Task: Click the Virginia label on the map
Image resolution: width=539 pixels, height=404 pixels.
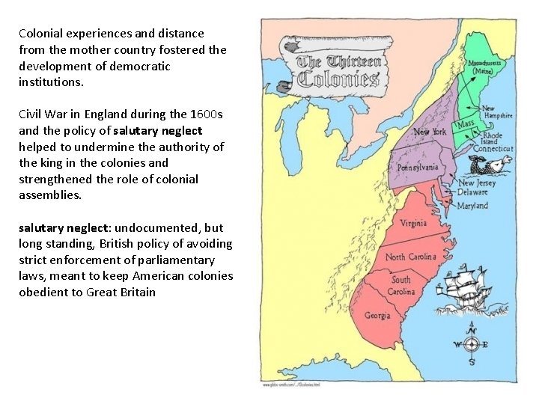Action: pyautogui.click(x=413, y=223)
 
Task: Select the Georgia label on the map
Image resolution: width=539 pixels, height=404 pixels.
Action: pyautogui.click(x=377, y=315)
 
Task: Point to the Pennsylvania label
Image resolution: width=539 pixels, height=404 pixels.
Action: pyautogui.click(x=417, y=167)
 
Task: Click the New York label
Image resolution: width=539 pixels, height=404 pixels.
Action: pyautogui.click(x=430, y=132)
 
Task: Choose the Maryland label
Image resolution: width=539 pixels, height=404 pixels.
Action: pyautogui.click(x=472, y=205)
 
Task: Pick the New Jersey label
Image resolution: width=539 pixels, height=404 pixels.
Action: pyautogui.click(x=477, y=183)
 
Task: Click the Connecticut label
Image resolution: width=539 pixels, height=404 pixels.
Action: pyautogui.click(x=494, y=149)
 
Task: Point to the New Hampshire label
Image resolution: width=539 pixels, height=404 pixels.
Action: pyautogui.click(x=497, y=112)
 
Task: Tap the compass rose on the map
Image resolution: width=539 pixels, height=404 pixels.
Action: pyautogui.click(x=471, y=344)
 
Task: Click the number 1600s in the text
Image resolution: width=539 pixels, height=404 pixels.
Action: pyautogui.click(x=206, y=114)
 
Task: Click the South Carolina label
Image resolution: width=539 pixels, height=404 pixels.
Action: pyautogui.click(x=401, y=285)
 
